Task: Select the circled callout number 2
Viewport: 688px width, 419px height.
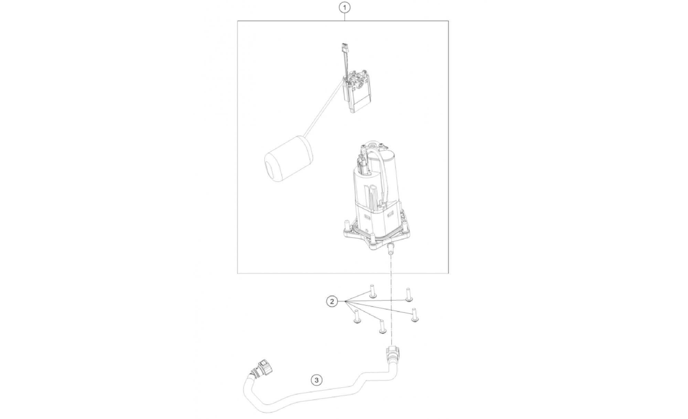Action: (x=332, y=302)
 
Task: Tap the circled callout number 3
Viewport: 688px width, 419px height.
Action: (x=316, y=380)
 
